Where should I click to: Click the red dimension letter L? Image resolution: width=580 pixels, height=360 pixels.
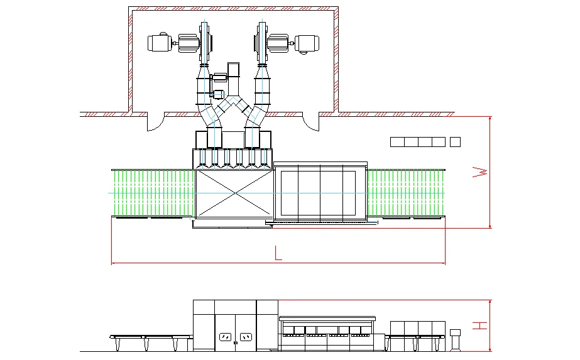pyautogui.click(x=278, y=254)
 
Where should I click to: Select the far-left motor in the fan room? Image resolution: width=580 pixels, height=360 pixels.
pyautogui.click(x=160, y=43)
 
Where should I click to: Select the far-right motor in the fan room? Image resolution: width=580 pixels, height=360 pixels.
pyautogui.click(x=308, y=43)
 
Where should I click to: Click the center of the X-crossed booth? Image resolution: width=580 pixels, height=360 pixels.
pyautogui.click(x=234, y=193)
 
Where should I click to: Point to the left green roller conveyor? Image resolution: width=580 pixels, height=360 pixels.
pyautogui.click(x=153, y=193)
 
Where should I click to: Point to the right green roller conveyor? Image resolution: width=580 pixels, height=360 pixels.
pyautogui.click(x=406, y=193)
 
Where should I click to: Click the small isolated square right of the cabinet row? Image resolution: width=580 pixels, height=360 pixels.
pyautogui.click(x=456, y=141)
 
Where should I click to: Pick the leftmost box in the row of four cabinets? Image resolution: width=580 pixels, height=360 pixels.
pyautogui.click(x=397, y=141)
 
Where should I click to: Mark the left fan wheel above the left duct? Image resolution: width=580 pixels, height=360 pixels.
pyautogui.click(x=204, y=43)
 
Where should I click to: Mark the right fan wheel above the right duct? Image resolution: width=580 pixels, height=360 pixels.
pyautogui.click(x=261, y=43)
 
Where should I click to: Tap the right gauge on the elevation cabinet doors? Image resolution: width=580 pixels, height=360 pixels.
pyautogui.click(x=246, y=337)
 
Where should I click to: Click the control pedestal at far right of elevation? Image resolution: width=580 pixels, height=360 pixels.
pyautogui.click(x=455, y=339)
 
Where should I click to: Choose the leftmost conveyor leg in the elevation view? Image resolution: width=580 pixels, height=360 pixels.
pyautogui.click(x=118, y=344)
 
